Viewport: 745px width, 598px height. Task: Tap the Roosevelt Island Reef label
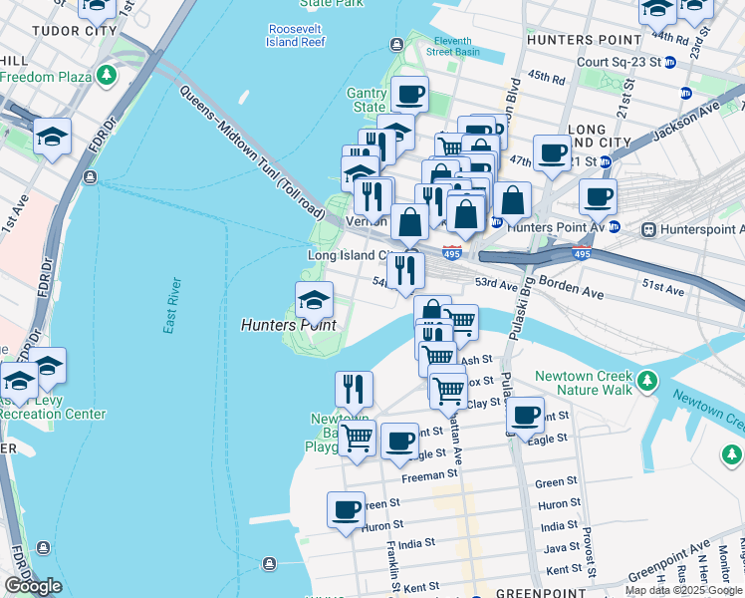[x=296, y=36]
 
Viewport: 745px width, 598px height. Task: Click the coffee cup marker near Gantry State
[x=409, y=96]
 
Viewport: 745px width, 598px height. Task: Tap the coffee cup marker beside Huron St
[x=346, y=510]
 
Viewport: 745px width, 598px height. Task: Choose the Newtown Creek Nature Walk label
[x=583, y=384]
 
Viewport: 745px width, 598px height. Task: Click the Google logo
[x=33, y=586]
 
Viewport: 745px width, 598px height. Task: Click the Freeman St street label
[x=429, y=474]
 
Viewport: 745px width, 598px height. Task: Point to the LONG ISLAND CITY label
[x=600, y=138]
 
